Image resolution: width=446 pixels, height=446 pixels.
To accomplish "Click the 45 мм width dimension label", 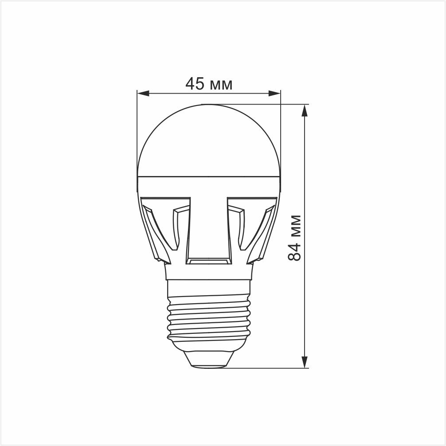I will [208, 83].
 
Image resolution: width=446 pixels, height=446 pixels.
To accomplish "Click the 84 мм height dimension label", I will [295, 238].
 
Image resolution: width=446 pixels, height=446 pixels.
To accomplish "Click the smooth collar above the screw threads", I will [209, 289].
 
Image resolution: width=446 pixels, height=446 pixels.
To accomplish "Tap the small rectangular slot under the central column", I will [209, 262].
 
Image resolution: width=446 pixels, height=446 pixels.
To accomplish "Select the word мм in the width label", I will [221, 84].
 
